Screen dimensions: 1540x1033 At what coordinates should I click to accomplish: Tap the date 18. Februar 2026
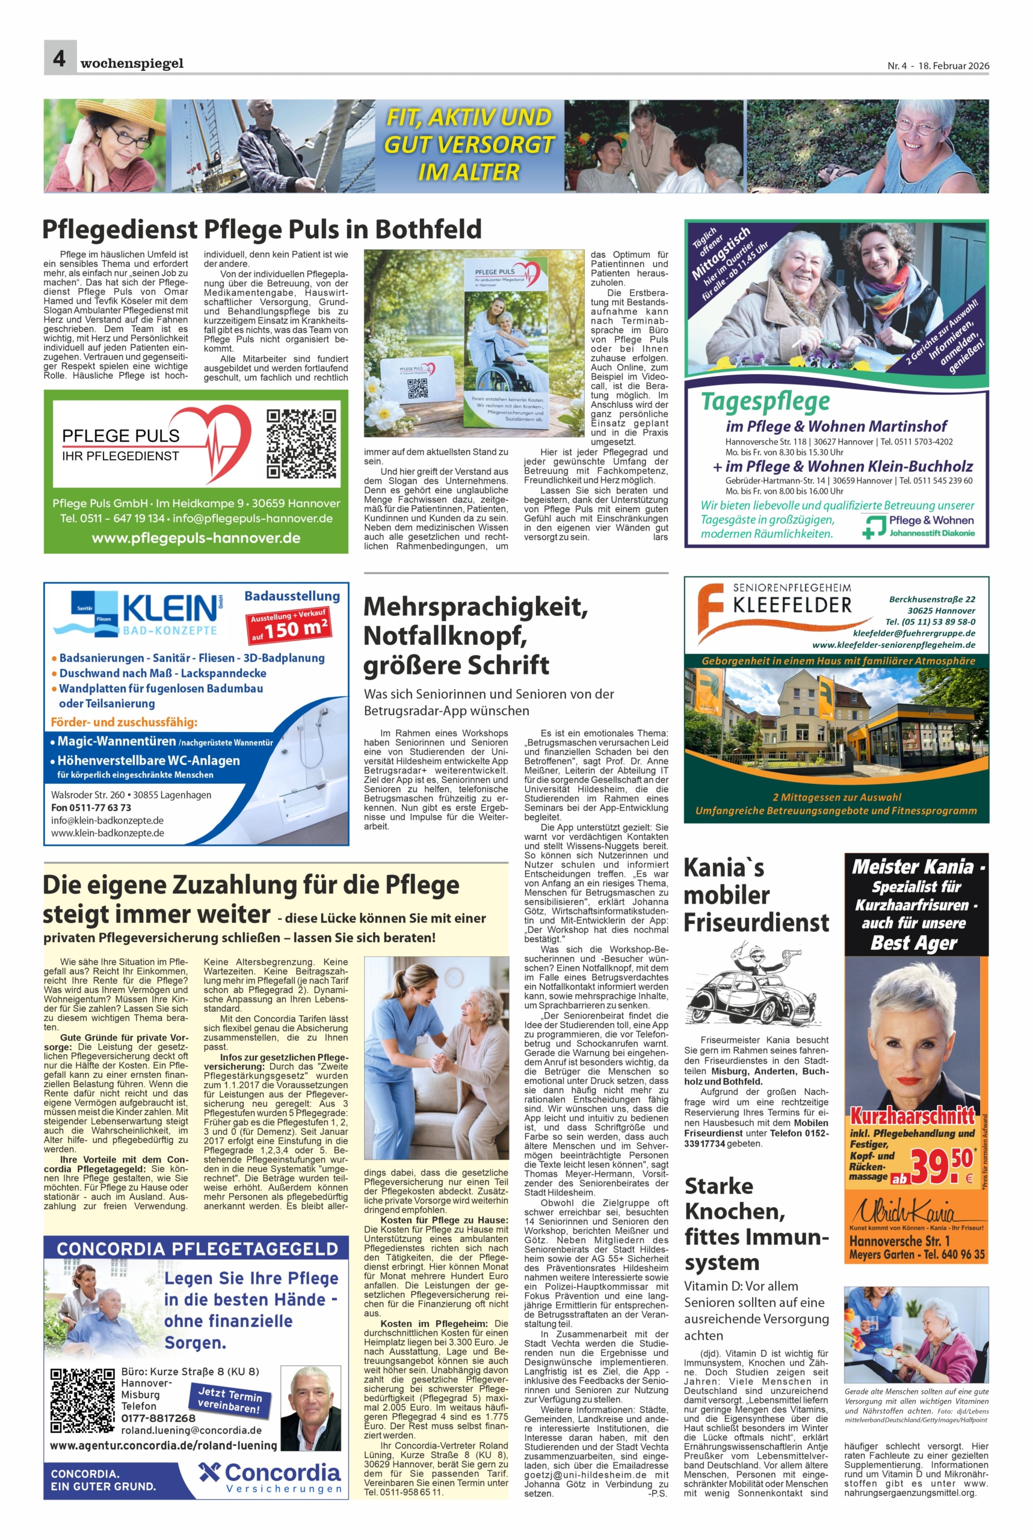point(952,66)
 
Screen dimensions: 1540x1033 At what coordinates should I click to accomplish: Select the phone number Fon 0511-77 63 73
point(91,807)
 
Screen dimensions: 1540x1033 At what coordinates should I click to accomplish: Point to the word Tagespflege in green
point(764,401)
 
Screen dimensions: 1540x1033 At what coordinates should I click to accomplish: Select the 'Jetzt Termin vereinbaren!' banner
point(229,1400)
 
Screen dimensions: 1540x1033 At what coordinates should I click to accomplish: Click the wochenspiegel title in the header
point(132,64)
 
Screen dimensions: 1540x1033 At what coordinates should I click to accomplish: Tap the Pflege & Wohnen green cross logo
point(874,527)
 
